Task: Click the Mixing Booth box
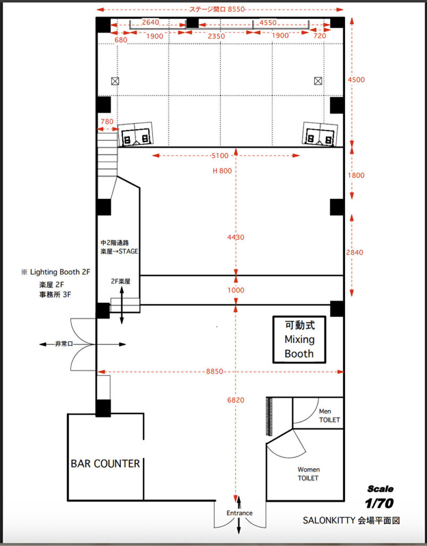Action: [x=299, y=340]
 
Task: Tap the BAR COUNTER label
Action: [x=105, y=463]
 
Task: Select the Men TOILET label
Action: [x=329, y=416]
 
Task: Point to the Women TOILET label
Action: [x=308, y=474]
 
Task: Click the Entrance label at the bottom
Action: [x=240, y=513]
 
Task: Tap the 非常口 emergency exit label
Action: [x=64, y=344]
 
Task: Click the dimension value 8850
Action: [x=214, y=372]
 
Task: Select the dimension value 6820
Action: [x=236, y=400]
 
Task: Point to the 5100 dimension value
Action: [x=220, y=156]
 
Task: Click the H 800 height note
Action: [x=222, y=171]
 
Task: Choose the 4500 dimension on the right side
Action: [x=356, y=80]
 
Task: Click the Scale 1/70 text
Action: [x=380, y=496]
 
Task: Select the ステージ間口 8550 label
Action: [x=220, y=10]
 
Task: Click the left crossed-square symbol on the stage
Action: [x=115, y=81]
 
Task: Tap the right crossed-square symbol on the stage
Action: [x=318, y=81]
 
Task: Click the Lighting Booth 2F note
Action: [x=56, y=272]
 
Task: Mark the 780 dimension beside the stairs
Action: [x=106, y=122]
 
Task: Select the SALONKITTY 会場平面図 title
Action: [x=351, y=520]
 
